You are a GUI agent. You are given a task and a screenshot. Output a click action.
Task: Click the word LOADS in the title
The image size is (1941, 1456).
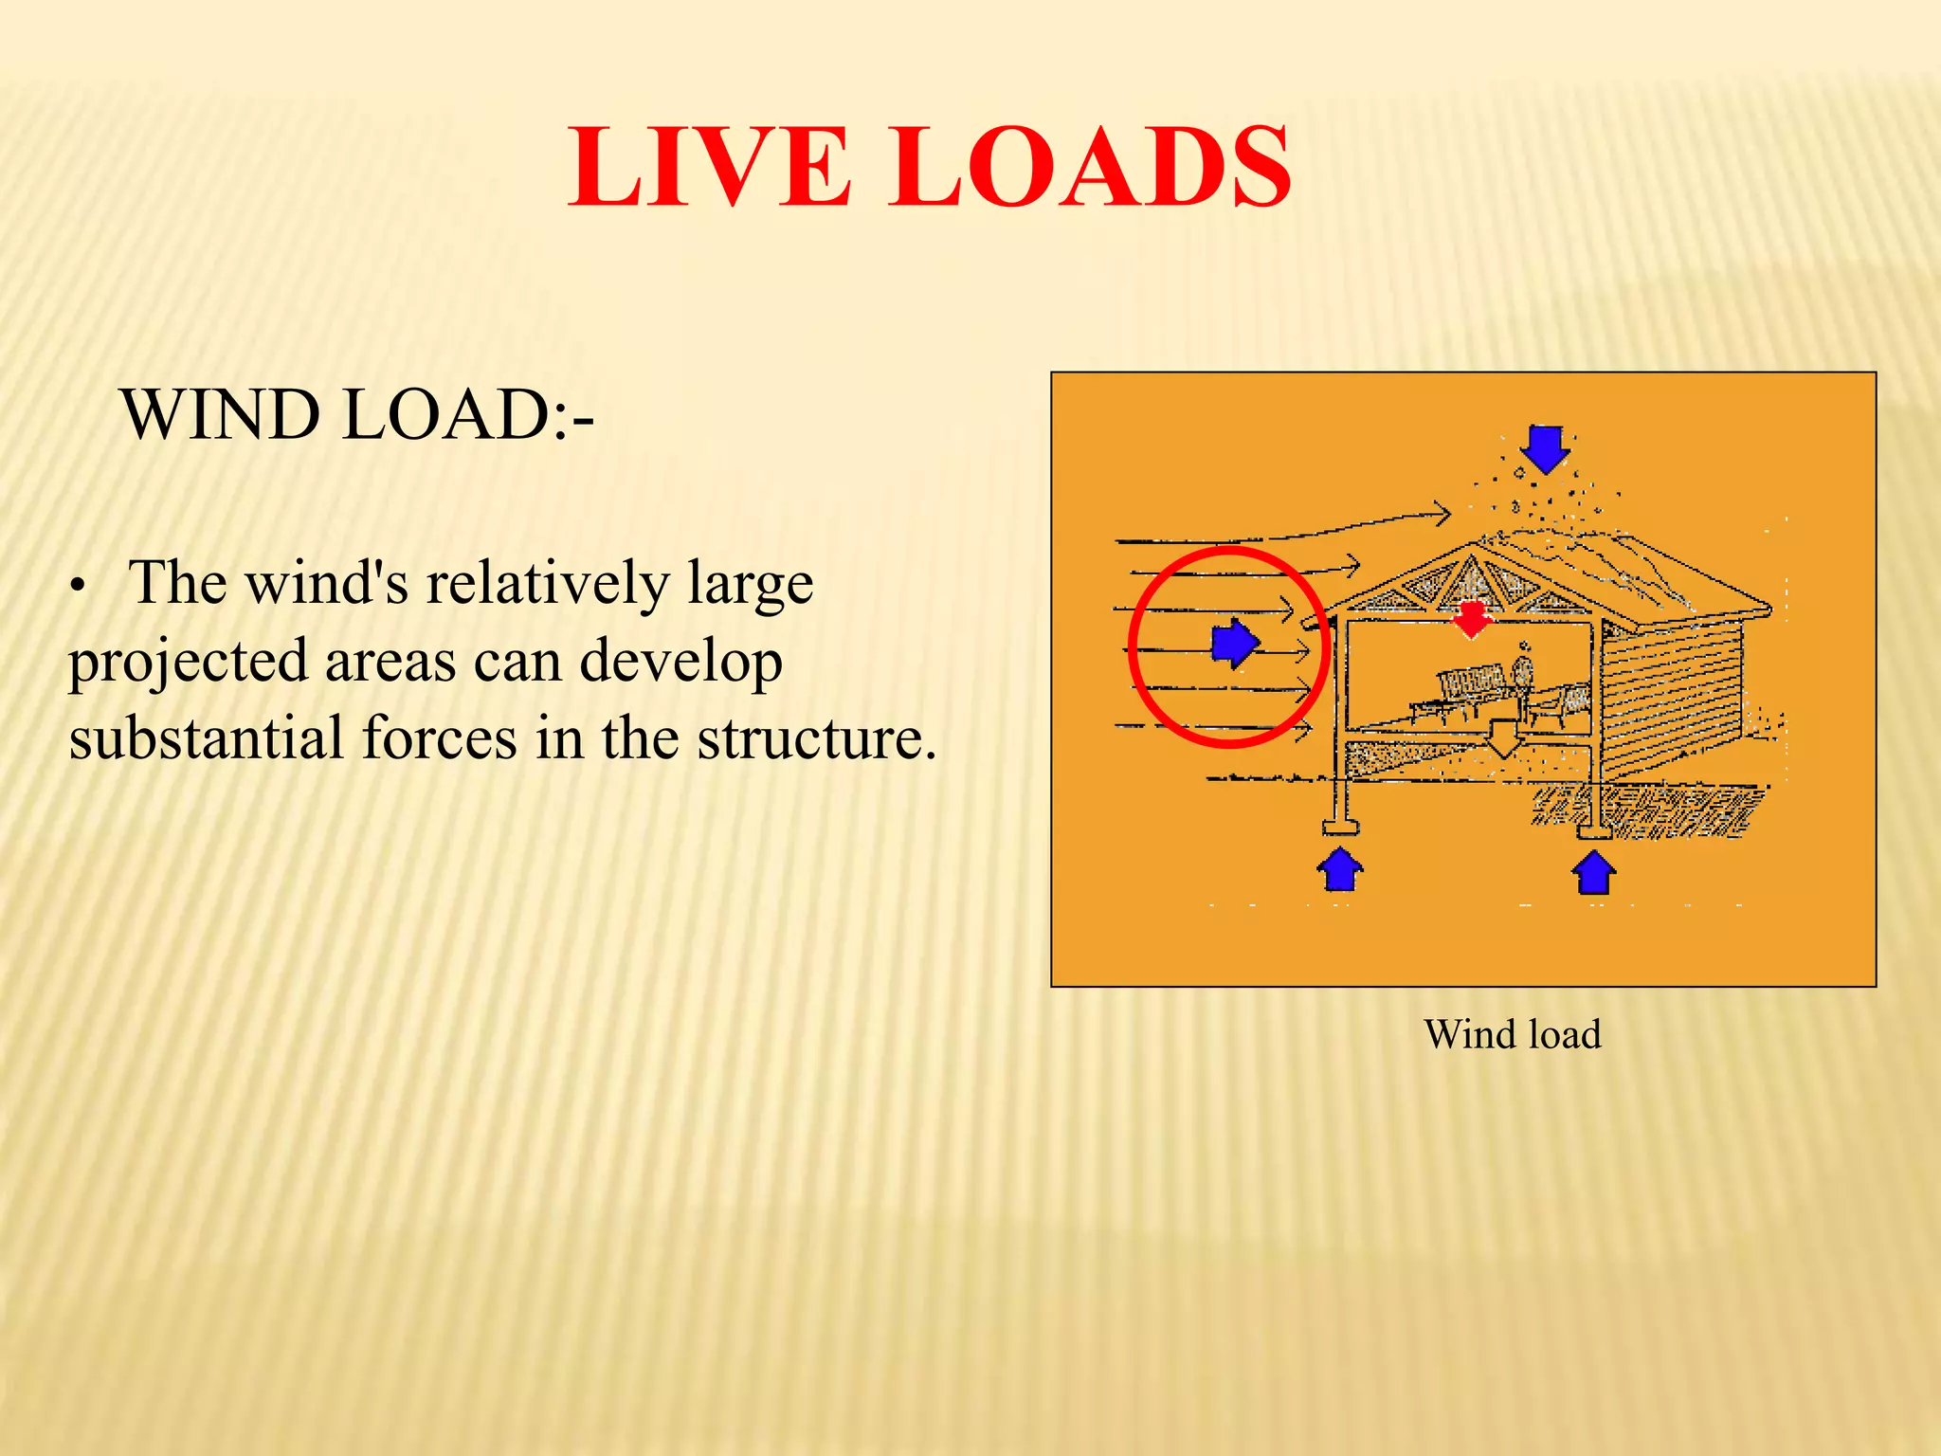[1090, 168]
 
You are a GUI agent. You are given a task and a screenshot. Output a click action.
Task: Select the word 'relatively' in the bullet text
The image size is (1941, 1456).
[547, 582]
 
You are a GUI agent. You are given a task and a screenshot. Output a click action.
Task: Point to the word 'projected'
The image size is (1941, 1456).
[188, 663]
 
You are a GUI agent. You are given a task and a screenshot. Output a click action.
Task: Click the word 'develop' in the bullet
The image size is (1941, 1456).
[680, 661]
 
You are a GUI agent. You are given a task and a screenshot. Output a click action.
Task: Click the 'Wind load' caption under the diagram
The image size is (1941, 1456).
[1512, 1034]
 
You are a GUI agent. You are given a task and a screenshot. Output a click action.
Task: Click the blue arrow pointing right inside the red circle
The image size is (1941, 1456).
[1234, 644]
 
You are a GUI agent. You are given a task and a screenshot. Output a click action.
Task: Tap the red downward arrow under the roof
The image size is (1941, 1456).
[1471, 618]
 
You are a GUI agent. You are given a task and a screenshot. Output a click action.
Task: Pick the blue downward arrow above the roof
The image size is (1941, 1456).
[1546, 448]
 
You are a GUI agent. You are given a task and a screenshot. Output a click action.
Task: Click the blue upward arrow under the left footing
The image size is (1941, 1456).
[1339, 869]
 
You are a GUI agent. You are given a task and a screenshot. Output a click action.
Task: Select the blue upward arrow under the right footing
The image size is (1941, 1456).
[1594, 872]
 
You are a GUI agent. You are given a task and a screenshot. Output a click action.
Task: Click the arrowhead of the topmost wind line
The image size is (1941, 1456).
[1442, 515]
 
